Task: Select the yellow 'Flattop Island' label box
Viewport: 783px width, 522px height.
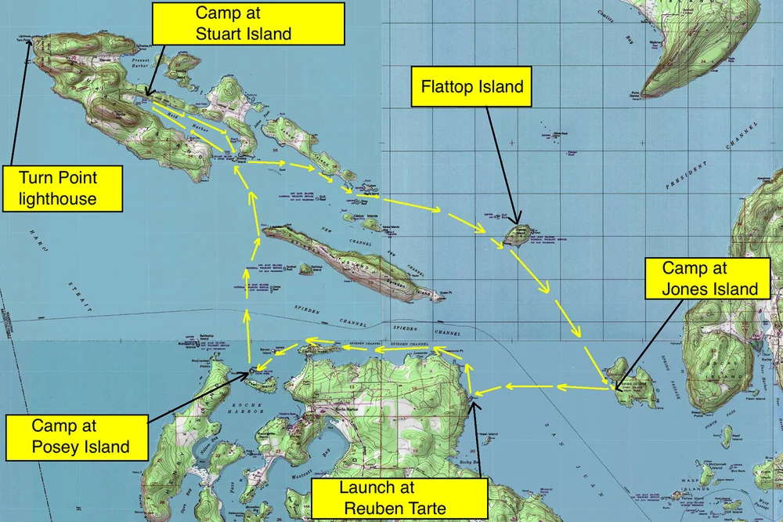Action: coord(472,86)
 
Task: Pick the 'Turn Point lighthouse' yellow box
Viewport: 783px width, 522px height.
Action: coord(63,187)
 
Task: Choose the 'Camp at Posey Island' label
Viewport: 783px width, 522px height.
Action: coord(69,437)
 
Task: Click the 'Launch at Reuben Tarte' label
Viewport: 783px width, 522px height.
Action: coord(392,498)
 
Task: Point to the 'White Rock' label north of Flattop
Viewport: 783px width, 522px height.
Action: coord(558,134)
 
